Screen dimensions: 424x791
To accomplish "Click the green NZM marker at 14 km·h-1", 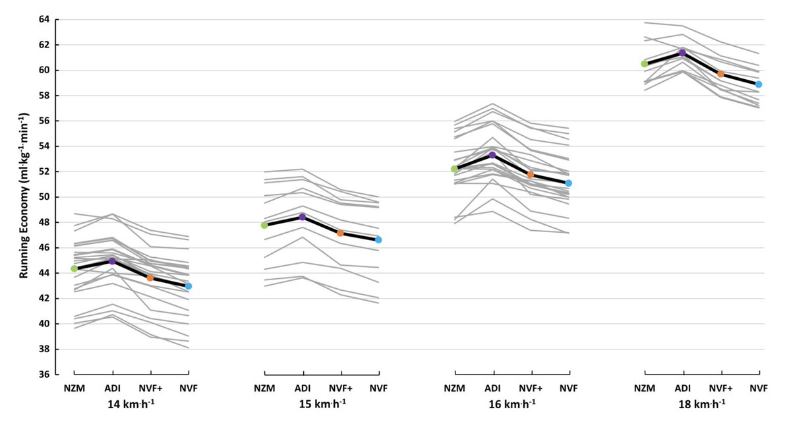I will coord(74,268).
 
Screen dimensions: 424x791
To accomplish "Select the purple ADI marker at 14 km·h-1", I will coord(112,261).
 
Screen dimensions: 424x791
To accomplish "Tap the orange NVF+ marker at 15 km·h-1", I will coord(340,233).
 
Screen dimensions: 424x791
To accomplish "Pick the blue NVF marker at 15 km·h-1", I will coord(378,239).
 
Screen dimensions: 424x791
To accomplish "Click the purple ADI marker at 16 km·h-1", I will coord(492,155).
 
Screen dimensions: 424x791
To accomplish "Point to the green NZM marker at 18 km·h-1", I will coord(645,64).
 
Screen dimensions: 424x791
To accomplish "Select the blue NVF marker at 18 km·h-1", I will coord(759,84).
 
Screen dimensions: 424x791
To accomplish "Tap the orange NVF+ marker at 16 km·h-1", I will coord(530,175).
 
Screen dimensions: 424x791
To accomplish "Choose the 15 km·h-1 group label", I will coord(321,403).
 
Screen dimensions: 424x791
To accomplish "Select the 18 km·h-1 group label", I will coord(701,403).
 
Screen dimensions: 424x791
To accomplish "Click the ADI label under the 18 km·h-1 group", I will coord(682,388).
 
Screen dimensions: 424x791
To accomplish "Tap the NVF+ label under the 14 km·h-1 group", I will coord(150,388).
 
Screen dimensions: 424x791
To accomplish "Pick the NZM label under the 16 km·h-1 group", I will coord(454,388).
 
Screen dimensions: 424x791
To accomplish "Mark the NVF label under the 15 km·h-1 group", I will coord(378,388).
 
